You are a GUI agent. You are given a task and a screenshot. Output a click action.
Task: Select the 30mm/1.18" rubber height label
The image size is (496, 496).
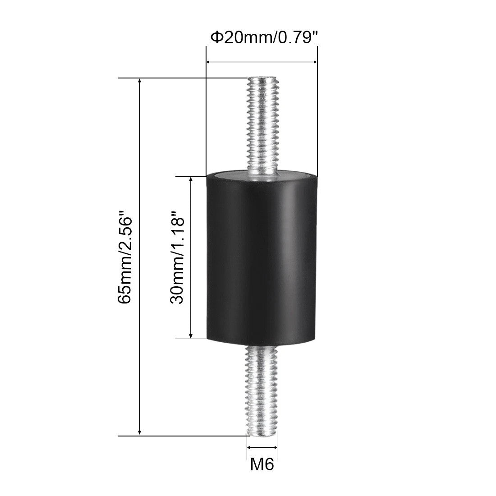[177, 261]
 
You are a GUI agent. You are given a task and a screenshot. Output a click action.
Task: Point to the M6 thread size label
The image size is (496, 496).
[262, 464]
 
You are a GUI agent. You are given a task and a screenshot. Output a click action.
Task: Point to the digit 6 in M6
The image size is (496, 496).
[269, 464]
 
